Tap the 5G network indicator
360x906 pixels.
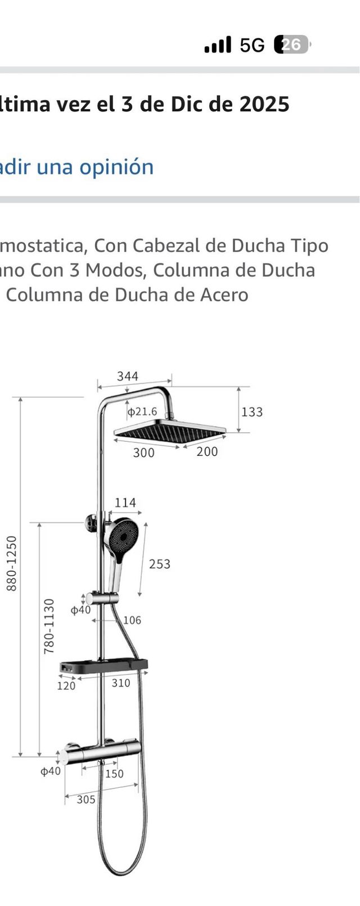[x=251, y=45]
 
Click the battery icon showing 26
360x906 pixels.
[x=292, y=44]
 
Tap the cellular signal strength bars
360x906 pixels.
[x=218, y=45]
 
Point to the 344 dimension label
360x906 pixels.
[x=128, y=376]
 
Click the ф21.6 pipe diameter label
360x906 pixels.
[x=142, y=411]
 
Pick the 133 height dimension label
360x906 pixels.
[x=252, y=412]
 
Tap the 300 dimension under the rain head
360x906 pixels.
[x=143, y=452]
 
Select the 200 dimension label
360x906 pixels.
[x=207, y=451]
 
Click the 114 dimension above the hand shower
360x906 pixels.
[x=125, y=503]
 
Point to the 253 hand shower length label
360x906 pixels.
[x=159, y=564]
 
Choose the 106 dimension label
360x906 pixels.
[x=132, y=620]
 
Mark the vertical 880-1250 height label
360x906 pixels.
[x=12, y=563]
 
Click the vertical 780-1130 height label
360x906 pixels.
[x=49, y=626]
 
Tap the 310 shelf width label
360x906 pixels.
[x=121, y=683]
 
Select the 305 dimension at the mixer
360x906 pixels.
[x=85, y=800]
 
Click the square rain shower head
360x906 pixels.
[x=169, y=432]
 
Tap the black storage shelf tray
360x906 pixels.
[x=105, y=666]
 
